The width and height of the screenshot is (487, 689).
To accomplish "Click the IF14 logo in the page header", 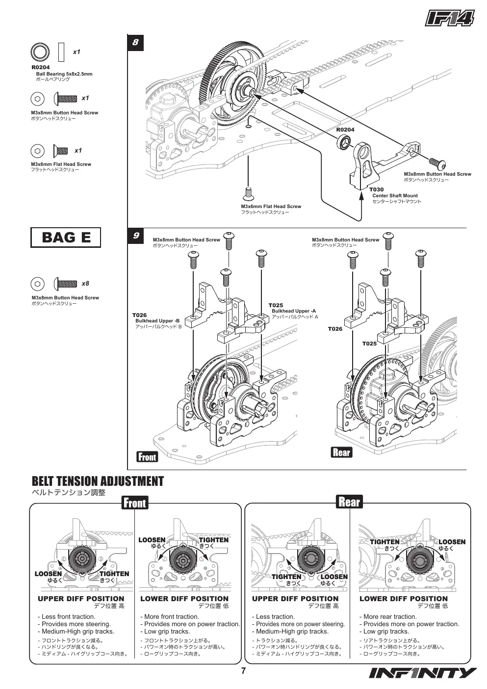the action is pyautogui.click(x=450, y=19).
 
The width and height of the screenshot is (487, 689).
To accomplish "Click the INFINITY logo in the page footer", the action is pyautogui.click(x=423, y=673).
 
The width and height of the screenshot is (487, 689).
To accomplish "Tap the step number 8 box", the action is pyautogui.click(x=135, y=42).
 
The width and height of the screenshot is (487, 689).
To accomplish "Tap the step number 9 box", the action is pyautogui.click(x=135, y=236).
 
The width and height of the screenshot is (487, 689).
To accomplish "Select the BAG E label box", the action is pyautogui.click(x=66, y=237).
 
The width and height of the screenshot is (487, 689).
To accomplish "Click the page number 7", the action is pyautogui.click(x=243, y=671).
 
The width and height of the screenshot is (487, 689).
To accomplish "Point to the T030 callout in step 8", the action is pyautogui.click(x=377, y=189).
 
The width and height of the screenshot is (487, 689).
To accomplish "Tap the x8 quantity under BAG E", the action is pyautogui.click(x=85, y=284).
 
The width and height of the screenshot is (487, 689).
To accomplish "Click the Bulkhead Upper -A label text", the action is pyautogui.click(x=294, y=311).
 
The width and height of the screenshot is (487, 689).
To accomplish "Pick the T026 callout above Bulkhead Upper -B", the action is pyautogui.click(x=140, y=315).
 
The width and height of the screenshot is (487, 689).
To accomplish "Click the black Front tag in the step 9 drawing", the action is pyautogui.click(x=147, y=457).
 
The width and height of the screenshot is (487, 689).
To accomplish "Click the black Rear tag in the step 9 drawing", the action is pyautogui.click(x=341, y=452).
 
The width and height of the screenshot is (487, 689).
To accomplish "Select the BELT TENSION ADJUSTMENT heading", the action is pyautogui.click(x=98, y=481).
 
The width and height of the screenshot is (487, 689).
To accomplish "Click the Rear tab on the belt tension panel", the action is pyautogui.click(x=349, y=502).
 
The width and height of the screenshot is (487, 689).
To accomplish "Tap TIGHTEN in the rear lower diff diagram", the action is pyautogui.click(x=384, y=542).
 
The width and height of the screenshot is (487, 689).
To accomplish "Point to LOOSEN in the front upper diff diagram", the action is pyautogui.click(x=48, y=574).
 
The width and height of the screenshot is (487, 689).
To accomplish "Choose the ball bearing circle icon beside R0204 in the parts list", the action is pyautogui.click(x=40, y=52).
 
